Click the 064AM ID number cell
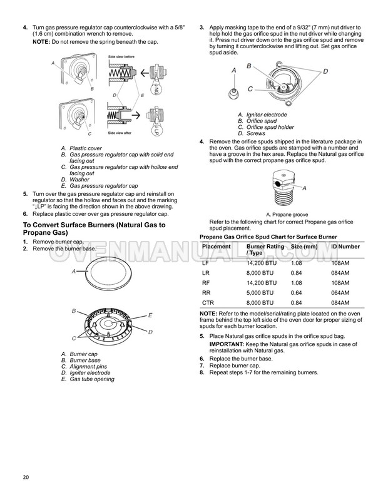click(340, 292)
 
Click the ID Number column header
click(345, 247)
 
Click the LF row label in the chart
click(206, 262)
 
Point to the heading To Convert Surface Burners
click(94, 228)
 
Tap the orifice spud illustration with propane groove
click(284, 188)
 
